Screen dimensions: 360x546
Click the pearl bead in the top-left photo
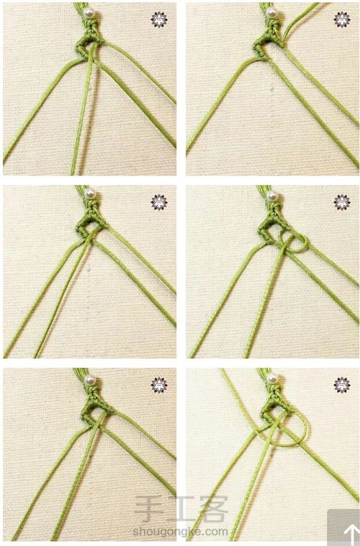[x=89, y=13]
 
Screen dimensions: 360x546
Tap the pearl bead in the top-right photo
[x=272, y=12]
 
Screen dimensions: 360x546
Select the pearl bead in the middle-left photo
[x=90, y=193]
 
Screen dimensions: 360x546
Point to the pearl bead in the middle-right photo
[x=272, y=196]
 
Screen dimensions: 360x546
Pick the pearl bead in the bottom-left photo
[x=90, y=380]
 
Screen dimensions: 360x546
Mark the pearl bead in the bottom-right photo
[x=272, y=378]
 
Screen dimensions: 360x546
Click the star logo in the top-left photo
[x=159, y=19]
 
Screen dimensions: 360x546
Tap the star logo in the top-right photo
[x=342, y=19]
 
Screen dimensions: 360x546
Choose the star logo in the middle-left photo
[x=159, y=202]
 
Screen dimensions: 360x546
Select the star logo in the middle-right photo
[x=342, y=202]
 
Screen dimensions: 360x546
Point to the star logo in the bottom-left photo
[x=159, y=385]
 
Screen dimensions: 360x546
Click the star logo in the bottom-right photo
[x=342, y=385]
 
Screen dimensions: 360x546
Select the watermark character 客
[x=213, y=509]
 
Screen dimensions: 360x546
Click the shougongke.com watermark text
[x=180, y=532]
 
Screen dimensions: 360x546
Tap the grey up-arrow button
[x=343, y=527]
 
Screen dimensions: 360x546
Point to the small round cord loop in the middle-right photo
[x=307, y=242]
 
